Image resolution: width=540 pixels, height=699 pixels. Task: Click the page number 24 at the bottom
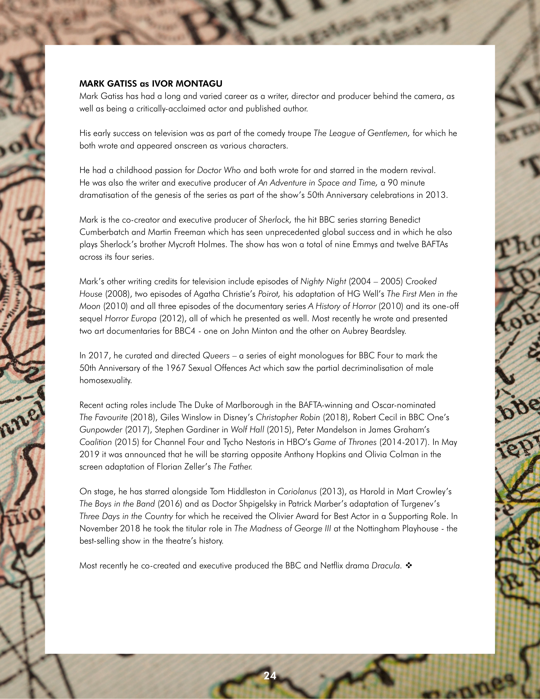pos(270,676)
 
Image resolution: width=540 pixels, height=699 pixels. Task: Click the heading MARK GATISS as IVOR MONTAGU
pos(151,84)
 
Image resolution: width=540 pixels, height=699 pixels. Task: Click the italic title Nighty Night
pos(323,282)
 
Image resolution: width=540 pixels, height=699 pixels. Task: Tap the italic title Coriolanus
pos(297,492)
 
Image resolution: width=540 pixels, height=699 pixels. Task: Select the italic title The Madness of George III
pos(282,529)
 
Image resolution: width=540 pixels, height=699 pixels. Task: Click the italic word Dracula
pos(385,566)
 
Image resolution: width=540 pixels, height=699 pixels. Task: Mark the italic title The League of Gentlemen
pos(361,133)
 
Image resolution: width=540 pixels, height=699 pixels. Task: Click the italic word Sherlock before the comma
pos(274,220)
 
